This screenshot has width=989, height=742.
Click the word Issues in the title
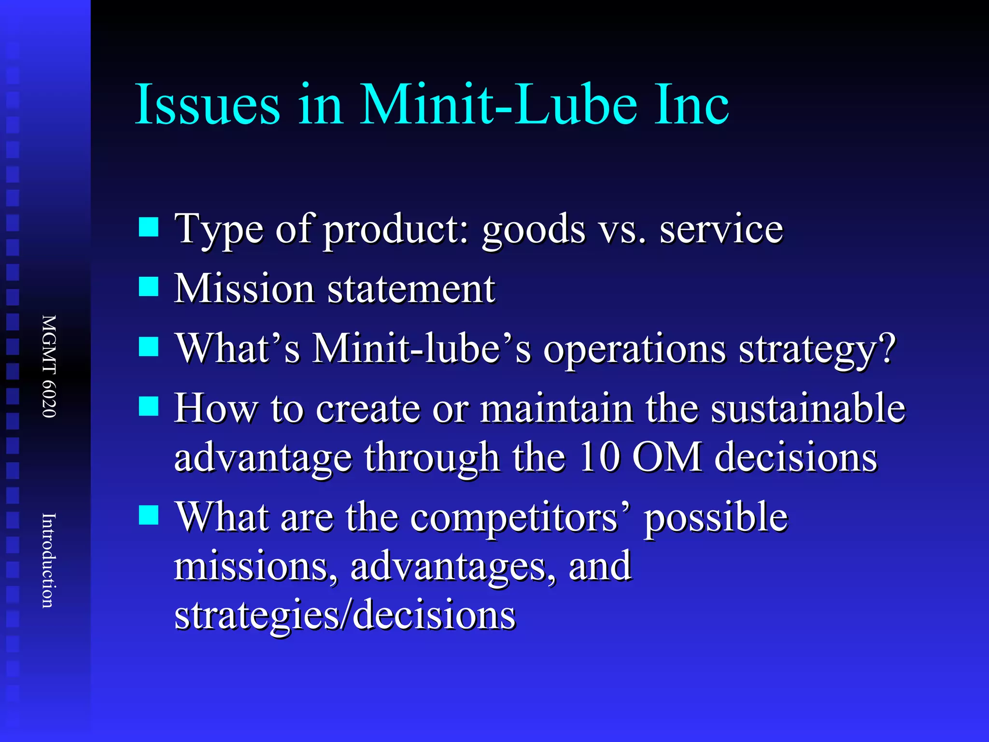(x=208, y=104)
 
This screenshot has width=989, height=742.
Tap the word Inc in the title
(x=692, y=104)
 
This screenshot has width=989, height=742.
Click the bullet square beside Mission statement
(x=149, y=286)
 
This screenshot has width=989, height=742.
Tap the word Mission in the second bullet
(x=244, y=289)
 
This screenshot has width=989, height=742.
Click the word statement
(x=411, y=289)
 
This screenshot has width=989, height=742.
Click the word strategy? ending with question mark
(x=817, y=349)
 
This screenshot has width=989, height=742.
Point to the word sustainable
(x=808, y=409)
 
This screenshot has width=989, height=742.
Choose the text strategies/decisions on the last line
(x=345, y=614)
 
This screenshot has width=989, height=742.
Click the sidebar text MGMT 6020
(x=49, y=366)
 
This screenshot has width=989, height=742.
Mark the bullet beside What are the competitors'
(x=149, y=515)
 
